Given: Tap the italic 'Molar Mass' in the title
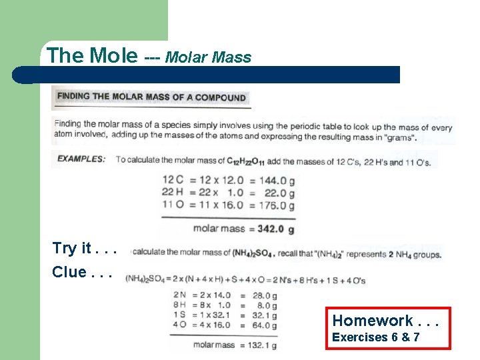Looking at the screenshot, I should coord(208,57).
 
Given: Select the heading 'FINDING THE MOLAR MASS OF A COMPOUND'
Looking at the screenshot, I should coord(151,97).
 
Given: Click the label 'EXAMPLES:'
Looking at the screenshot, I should coord(81,159).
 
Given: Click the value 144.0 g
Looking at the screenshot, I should coord(275,181).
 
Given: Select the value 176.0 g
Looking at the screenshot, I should coord(275,205).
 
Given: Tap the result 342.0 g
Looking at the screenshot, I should coord(275,229).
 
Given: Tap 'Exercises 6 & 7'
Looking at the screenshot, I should coord(376,337).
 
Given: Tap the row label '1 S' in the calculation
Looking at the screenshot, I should coord(179,315).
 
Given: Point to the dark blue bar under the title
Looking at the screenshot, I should coord(213,75).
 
